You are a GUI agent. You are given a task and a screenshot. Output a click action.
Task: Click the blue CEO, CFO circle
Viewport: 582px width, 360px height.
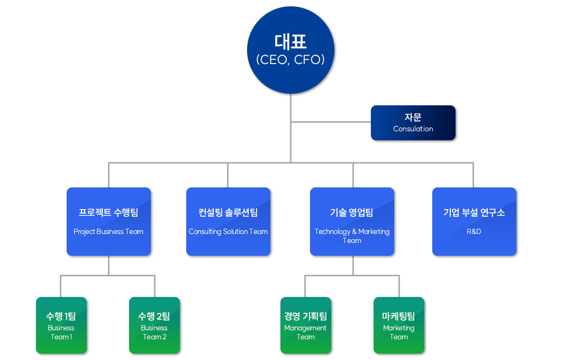click(x=290, y=50)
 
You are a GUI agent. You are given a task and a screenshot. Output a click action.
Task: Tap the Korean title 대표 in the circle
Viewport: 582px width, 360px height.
click(x=290, y=42)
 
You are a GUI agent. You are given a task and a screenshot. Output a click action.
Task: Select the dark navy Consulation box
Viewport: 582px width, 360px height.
click(x=413, y=123)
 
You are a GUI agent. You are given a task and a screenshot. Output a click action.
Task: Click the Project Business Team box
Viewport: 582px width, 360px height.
click(x=109, y=221)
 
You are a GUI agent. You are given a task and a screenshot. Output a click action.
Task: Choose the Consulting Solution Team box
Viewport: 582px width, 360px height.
click(x=228, y=221)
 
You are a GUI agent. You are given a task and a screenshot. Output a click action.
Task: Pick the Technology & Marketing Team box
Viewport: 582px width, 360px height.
click(x=352, y=221)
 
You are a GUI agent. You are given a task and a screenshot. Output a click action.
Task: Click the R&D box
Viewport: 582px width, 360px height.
click(x=475, y=221)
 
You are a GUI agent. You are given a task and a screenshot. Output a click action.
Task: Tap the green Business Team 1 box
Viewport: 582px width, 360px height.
click(x=61, y=325)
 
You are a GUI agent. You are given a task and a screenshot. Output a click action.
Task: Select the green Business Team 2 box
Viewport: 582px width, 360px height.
click(x=154, y=325)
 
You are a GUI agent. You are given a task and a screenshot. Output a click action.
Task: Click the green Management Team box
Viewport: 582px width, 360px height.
click(x=306, y=325)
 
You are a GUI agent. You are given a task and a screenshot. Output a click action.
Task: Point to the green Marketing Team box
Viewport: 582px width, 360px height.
click(x=399, y=325)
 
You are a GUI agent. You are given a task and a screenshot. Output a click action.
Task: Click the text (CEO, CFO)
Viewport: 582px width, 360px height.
click(x=290, y=59)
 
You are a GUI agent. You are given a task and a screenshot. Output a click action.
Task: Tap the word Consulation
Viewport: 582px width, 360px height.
click(x=413, y=129)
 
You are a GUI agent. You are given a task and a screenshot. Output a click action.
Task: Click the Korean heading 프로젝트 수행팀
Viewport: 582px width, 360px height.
click(x=108, y=212)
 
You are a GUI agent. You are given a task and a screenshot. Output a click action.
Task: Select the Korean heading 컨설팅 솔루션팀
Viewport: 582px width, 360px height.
click(x=228, y=212)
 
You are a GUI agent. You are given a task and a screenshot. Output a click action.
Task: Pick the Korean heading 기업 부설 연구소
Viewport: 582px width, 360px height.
click(x=474, y=212)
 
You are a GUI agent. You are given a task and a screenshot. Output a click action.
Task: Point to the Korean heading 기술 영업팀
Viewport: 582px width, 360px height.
click(x=351, y=212)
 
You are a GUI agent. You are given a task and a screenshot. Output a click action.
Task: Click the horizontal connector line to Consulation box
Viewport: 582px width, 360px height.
click(x=331, y=122)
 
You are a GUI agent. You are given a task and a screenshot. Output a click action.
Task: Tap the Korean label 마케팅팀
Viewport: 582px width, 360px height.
click(x=398, y=316)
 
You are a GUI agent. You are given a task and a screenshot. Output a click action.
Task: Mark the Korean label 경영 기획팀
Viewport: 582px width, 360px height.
click(x=305, y=316)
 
